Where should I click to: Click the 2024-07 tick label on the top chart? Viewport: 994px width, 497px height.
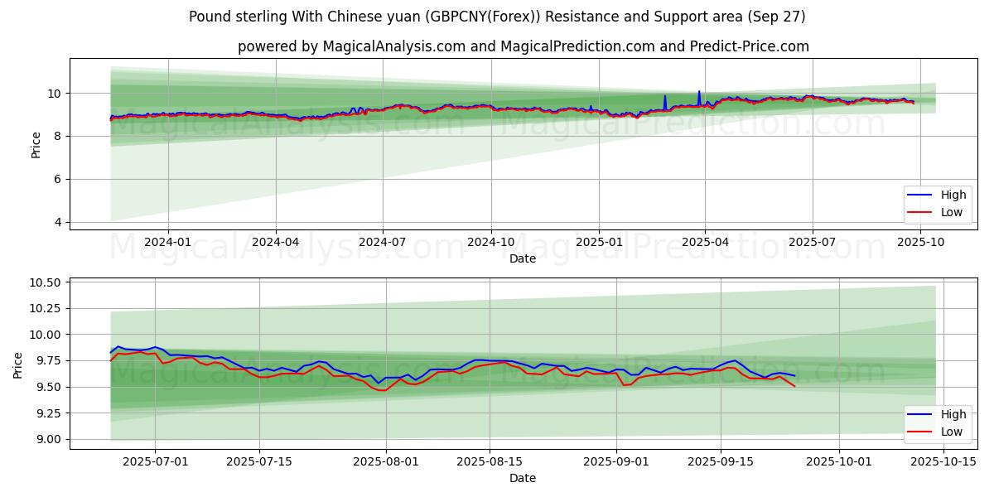point(383,241)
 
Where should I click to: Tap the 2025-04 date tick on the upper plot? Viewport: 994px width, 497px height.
point(705,241)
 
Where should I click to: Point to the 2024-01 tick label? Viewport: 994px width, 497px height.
point(168,241)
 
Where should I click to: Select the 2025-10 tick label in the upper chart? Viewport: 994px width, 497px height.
point(920,241)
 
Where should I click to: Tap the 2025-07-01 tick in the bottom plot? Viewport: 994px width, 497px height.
point(155,461)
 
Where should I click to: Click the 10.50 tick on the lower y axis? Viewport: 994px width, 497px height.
point(44,283)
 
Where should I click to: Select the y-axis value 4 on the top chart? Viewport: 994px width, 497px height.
point(58,222)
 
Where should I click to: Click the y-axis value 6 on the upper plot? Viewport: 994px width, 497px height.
point(58,179)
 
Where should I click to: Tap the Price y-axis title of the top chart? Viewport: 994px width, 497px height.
point(36,144)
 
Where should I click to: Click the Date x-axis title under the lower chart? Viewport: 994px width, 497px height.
point(522,478)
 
